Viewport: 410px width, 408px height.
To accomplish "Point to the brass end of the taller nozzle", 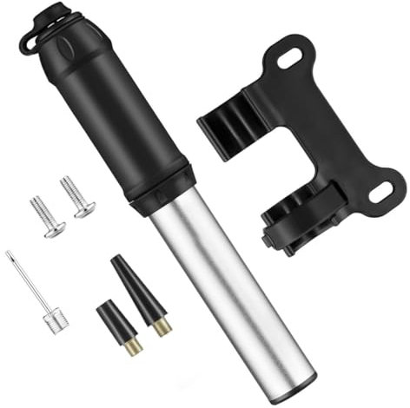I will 160,328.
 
